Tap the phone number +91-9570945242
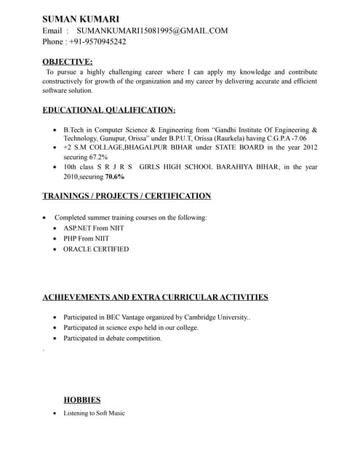tap(97, 41)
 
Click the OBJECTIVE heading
tap(68, 62)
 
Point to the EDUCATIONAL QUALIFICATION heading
tap(109, 110)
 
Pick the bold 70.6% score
tap(114, 176)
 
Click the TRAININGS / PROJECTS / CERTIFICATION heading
tap(127, 196)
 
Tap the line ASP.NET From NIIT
tap(94, 228)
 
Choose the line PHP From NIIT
tap(86, 238)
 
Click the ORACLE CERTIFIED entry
tap(96, 249)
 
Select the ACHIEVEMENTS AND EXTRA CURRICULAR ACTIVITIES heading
tap(155, 297)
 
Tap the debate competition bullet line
tap(112, 338)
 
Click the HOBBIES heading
tap(82, 400)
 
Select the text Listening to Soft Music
tap(94, 413)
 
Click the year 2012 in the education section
tap(310, 147)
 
